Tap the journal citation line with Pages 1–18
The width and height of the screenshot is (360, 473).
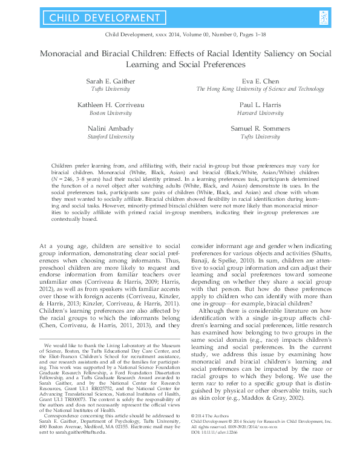point(180,36)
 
